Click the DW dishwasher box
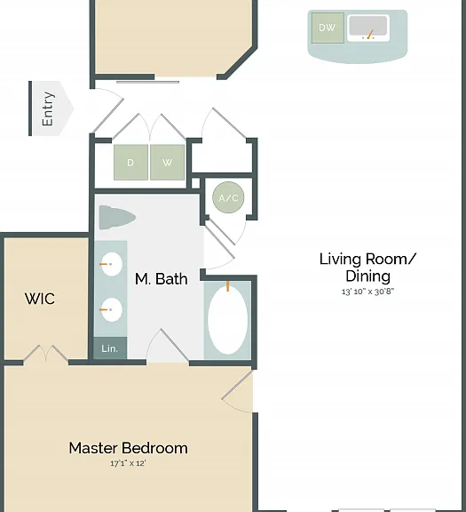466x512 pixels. pos(328,28)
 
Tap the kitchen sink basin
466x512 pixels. pos(368,28)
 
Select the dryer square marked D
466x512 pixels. pos(130,163)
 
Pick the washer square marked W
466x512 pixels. pos(167,163)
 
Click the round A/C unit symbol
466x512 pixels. pos(228,197)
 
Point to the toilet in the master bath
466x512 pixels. pos(117,217)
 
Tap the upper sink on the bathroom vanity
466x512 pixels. pos(112,264)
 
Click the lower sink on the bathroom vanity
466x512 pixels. pos(112,309)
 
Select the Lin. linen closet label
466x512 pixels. pos(109,348)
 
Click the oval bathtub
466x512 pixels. pos(227,320)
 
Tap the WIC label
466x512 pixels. pos(40,299)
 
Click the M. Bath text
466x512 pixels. pos(161,279)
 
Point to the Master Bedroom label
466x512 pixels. pos(128,448)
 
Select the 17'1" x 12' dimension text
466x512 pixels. pos(128,463)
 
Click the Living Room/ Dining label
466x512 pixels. pos(367,267)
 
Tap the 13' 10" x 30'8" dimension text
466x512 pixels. pos(367,292)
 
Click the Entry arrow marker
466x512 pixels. pos(51,108)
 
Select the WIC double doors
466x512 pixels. pos(45,354)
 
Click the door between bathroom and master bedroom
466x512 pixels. pos(168,346)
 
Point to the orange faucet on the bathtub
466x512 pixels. pos(227,286)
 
